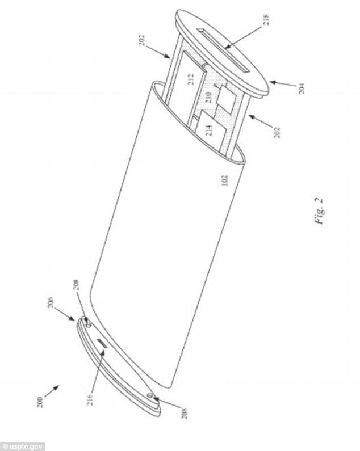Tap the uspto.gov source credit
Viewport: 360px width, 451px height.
coord(23,445)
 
